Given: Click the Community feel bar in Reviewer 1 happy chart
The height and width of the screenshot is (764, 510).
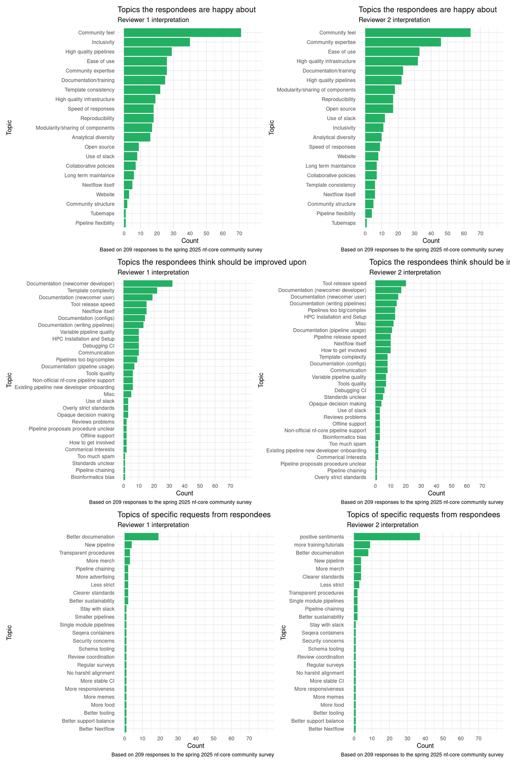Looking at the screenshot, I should [182, 33].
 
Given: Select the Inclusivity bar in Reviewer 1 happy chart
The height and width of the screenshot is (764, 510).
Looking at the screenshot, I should [157, 42].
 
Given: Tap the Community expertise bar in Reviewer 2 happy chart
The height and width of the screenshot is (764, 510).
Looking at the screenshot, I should [402, 42].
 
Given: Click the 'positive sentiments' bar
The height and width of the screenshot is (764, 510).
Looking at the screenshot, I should [386, 537].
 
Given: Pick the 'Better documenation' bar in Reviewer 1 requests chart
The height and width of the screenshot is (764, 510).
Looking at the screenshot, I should [141, 537].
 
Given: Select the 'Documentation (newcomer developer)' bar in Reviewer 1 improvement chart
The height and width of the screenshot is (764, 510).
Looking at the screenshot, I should [148, 284].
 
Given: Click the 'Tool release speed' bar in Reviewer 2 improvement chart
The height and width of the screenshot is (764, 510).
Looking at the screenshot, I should [390, 284].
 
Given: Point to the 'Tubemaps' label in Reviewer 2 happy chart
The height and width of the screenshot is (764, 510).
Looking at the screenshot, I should [343, 223].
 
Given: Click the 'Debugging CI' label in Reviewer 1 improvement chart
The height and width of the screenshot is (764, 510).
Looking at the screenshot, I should [99, 346].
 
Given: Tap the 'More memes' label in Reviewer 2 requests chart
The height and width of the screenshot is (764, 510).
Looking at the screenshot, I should [329, 697].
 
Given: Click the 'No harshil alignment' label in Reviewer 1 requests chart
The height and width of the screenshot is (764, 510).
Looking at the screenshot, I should [91, 673].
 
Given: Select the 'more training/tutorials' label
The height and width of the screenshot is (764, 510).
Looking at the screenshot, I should [319, 545].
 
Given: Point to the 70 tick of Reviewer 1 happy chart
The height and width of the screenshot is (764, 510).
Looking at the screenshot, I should [239, 233].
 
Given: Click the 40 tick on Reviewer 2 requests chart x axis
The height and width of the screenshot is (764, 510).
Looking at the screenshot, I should [425, 739].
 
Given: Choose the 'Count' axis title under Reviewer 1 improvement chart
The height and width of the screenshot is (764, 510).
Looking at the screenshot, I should [184, 493].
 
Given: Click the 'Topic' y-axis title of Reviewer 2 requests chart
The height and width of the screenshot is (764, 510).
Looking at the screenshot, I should [283, 632].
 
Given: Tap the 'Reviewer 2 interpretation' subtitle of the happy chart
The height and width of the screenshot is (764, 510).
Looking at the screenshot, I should [394, 20].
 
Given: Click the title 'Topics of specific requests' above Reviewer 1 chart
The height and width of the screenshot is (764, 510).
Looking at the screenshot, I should [194, 515].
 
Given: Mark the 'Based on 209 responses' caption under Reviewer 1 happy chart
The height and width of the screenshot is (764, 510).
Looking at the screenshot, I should [181, 250].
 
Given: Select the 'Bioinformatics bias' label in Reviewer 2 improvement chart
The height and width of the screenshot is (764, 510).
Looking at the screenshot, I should [344, 437].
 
